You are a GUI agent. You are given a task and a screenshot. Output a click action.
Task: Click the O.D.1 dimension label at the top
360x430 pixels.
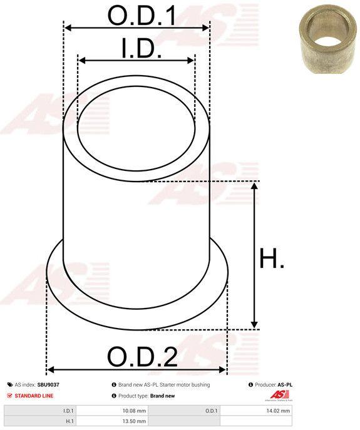click(141, 16)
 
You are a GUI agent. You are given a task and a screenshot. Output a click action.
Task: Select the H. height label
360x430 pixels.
click(271, 258)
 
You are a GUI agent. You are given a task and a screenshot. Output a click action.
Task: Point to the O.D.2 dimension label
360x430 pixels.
click(142, 357)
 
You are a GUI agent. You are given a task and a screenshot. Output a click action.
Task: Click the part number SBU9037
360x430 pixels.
click(48, 385)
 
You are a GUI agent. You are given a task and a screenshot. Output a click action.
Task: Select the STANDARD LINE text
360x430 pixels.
click(34, 396)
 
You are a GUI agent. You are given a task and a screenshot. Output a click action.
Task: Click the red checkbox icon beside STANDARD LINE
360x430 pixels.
click(10, 396)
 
